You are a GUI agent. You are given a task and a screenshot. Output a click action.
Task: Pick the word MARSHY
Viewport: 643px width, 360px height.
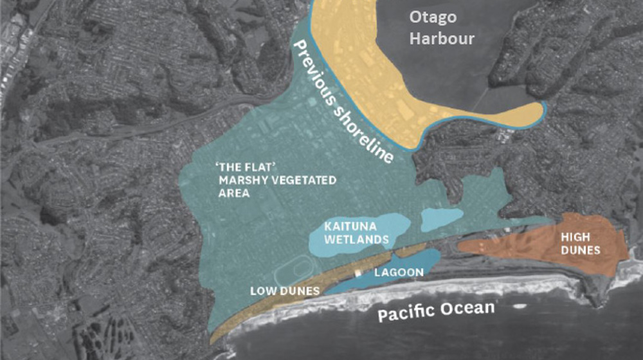(x=241, y=181)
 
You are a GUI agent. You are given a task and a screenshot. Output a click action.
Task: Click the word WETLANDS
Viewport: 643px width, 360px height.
(x=356, y=240)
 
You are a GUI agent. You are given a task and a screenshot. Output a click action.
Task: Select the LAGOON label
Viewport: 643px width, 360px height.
(x=399, y=273)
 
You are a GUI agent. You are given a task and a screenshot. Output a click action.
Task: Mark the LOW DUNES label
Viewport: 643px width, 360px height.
(x=285, y=291)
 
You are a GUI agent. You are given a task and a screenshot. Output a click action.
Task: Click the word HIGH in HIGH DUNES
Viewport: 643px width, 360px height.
(x=575, y=237)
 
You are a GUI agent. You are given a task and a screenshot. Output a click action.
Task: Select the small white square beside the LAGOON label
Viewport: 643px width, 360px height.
(x=358, y=273)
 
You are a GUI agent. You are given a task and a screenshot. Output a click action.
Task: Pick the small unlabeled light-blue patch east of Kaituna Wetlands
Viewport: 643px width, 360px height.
(x=442, y=219)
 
